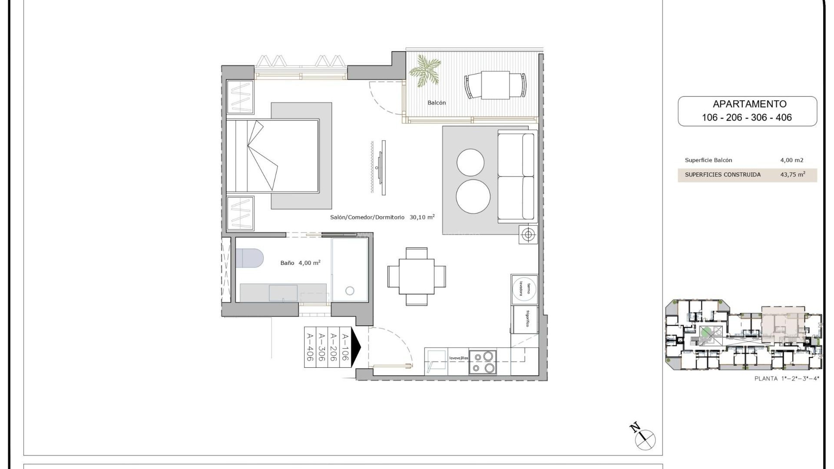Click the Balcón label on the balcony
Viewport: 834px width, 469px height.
[x=437, y=103]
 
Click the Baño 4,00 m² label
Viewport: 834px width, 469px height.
[x=300, y=263]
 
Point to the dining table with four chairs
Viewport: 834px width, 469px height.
[x=416, y=277]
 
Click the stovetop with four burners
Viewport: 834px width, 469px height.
[x=483, y=362]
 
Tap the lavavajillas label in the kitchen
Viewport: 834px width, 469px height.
[x=458, y=358]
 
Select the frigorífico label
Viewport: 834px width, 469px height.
[x=527, y=319]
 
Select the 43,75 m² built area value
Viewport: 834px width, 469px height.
[x=792, y=175]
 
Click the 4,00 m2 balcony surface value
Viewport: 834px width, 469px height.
[x=792, y=160]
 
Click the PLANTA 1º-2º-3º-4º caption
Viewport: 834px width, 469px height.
[x=787, y=379]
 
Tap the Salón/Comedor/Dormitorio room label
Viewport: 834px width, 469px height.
[x=367, y=217]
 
